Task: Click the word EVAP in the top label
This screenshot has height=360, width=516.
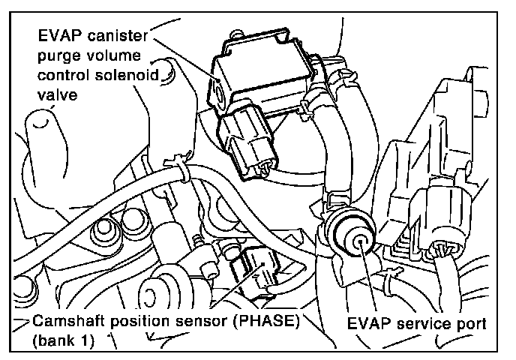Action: [59, 35]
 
